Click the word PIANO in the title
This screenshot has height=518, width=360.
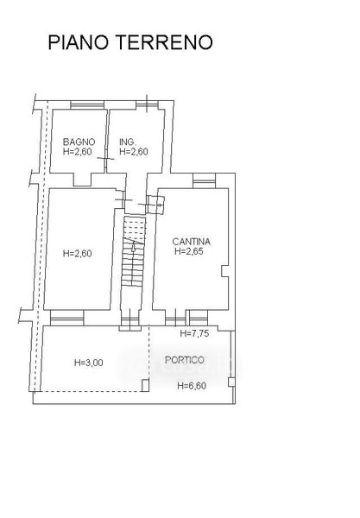tap(79, 42)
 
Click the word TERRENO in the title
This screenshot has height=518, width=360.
tap(164, 42)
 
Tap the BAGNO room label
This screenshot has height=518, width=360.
tap(79, 142)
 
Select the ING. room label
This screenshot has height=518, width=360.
tap(127, 142)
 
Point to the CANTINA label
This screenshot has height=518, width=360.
tap(192, 242)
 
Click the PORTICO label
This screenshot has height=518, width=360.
tap(185, 360)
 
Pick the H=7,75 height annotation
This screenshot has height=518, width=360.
tap(194, 333)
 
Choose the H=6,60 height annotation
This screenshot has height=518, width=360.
tap(192, 386)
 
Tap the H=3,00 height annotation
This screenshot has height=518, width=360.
tap(89, 363)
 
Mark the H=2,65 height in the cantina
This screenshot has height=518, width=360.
tap(189, 251)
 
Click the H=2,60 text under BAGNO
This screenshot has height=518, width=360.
tap(78, 152)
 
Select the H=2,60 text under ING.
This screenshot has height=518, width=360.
tap(134, 152)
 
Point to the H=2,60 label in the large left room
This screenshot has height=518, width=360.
tap(78, 254)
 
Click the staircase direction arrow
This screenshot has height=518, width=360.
tap(133, 246)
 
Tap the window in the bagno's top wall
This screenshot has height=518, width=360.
tap(87, 105)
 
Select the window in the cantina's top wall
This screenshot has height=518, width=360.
tap(204, 180)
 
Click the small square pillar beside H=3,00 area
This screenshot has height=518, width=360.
tap(145, 386)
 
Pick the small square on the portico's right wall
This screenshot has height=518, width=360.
tap(231, 382)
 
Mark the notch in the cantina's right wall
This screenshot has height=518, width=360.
tap(224, 271)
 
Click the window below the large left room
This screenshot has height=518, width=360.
tap(67, 318)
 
